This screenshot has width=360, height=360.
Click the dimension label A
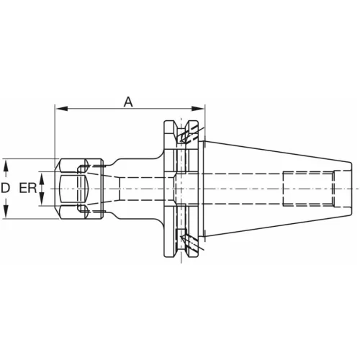tap(128, 102)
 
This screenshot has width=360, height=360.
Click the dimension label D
tap(5, 188)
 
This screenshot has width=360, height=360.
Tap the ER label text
tap(28, 188)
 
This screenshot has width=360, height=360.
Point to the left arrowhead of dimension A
tap(61, 109)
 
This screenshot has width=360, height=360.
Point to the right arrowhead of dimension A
tap(198, 109)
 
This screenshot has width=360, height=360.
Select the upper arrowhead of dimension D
tap(6, 166)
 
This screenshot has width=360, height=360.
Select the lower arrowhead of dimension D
tap(6, 212)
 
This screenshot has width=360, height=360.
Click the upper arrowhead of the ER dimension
tap(42, 178)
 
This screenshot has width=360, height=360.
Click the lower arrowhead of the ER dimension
tap(42, 199)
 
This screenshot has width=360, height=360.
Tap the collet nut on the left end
tap(79, 189)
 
